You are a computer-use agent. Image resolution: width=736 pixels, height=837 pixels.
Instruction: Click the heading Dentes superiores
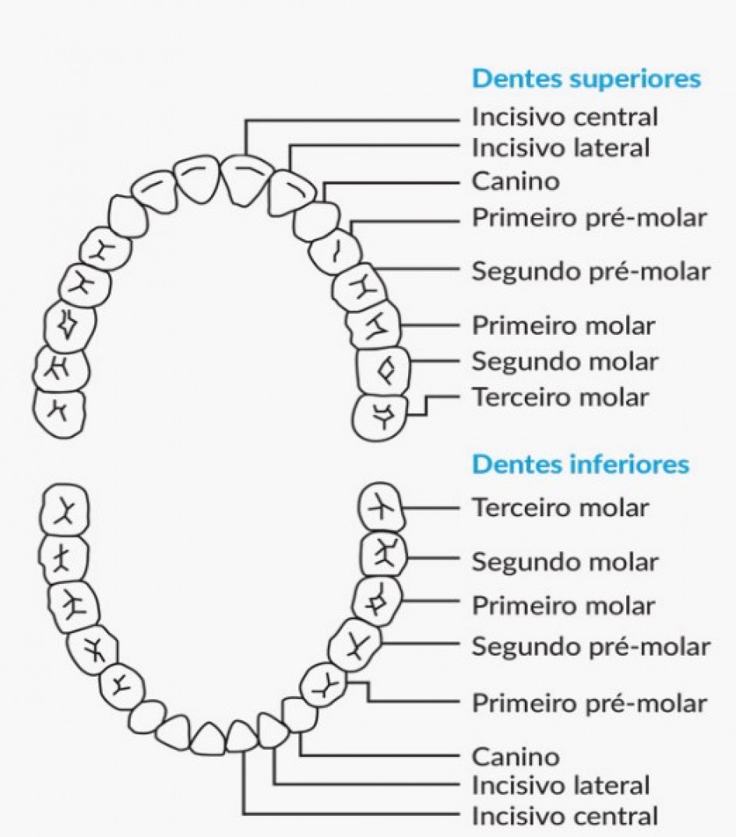[x=586, y=79]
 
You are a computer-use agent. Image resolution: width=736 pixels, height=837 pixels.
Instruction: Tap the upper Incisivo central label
[x=565, y=117]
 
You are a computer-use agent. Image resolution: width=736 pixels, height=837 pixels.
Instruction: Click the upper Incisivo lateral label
[x=560, y=146]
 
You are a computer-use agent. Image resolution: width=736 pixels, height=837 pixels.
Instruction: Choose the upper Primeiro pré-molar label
[x=590, y=218]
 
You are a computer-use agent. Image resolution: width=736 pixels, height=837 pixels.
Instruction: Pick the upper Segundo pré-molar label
[x=591, y=271]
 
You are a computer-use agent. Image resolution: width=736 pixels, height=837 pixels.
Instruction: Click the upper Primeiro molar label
[x=564, y=325]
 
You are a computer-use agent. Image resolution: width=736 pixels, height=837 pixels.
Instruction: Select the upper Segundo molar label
[x=565, y=361]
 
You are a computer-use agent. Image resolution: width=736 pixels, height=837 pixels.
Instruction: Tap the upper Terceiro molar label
[x=560, y=397]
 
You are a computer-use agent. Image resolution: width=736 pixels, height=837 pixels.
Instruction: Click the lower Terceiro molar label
[x=560, y=508]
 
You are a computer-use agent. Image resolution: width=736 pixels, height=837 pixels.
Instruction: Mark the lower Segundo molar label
[x=565, y=561]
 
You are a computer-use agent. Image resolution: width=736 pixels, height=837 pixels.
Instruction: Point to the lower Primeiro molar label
[x=564, y=605]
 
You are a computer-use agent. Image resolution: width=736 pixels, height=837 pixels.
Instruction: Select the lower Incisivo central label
[x=565, y=816]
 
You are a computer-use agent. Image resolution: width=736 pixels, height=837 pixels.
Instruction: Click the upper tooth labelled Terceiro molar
[x=380, y=417]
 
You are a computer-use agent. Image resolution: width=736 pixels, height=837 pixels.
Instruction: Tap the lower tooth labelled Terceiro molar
[x=381, y=508]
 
